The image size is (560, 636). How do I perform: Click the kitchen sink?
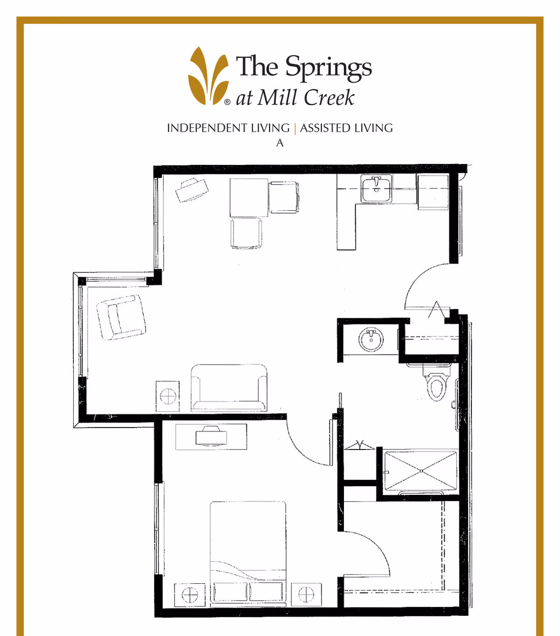(x=376, y=189)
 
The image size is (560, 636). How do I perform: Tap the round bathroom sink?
(x=371, y=339)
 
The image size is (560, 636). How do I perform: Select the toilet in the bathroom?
(x=436, y=382)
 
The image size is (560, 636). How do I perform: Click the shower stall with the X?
(x=421, y=471)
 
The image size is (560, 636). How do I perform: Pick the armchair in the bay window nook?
(x=121, y=317)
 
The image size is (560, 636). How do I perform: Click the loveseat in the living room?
(x=229, y=388)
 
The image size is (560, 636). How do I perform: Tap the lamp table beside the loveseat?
(x=168, y=396)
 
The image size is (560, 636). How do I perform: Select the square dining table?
(x=249, y=198)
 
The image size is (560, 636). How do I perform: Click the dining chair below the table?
(x=246, y=234)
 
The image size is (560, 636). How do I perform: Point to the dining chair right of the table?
(x=283, y=197)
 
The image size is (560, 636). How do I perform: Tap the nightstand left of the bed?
(x=189, y=594)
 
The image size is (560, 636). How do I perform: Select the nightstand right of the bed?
(x=306, y=594)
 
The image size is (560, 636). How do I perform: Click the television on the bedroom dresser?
(x=211, y=436)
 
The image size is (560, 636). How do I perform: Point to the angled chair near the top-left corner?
(x=192, y=190)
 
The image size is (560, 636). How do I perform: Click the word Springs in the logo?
(x=328, y=68)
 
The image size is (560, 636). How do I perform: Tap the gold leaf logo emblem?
(x=209, y=76)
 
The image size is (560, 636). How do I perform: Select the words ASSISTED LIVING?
(x=346, y=128)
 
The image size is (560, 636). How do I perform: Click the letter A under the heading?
(x=280, y=143)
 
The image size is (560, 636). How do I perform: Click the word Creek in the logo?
(x=329, y=98)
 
